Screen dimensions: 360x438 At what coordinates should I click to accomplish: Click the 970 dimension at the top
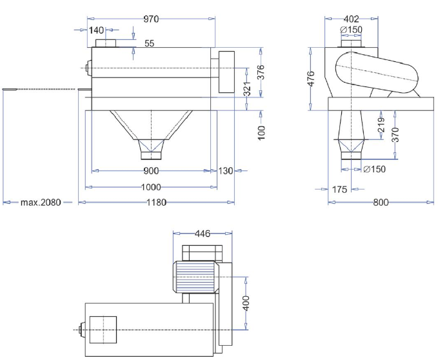pyautogui.click(x=150, y=19)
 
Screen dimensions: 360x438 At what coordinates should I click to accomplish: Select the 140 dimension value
pyautogui.click(x=96, y=30)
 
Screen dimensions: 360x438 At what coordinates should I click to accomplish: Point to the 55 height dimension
pyautogui.click(x=149, y=44)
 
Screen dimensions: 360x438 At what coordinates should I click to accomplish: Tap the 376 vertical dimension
pyautogui.click(x=262, y=72)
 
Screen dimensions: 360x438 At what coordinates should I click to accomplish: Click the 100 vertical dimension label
pyautogui.click(x=262, y=132)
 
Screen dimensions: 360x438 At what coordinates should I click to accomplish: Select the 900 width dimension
pyautogui.click(x=152, y=171)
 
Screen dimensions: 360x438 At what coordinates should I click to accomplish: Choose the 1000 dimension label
pyautogui.click(x=152, y=187)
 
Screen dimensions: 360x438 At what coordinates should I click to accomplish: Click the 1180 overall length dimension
pyautogui.click(x=157, y=203)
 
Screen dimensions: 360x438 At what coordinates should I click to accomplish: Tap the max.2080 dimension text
pyautogui.click(x=40, y=203)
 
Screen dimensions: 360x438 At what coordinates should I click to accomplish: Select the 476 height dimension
pyautogui.click(x=310, y=78)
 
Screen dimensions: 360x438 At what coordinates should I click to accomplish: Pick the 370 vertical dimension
pyautogui.click(x=395, y=135)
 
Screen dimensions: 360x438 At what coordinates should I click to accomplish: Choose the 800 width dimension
pyautogui.click(x=381, y=203)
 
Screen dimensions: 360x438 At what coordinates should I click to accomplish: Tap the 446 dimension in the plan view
pyautogui.click(x=203, y=234)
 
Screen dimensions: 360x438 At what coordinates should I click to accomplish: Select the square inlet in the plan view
pyautogui.click(x=103, y=330)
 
